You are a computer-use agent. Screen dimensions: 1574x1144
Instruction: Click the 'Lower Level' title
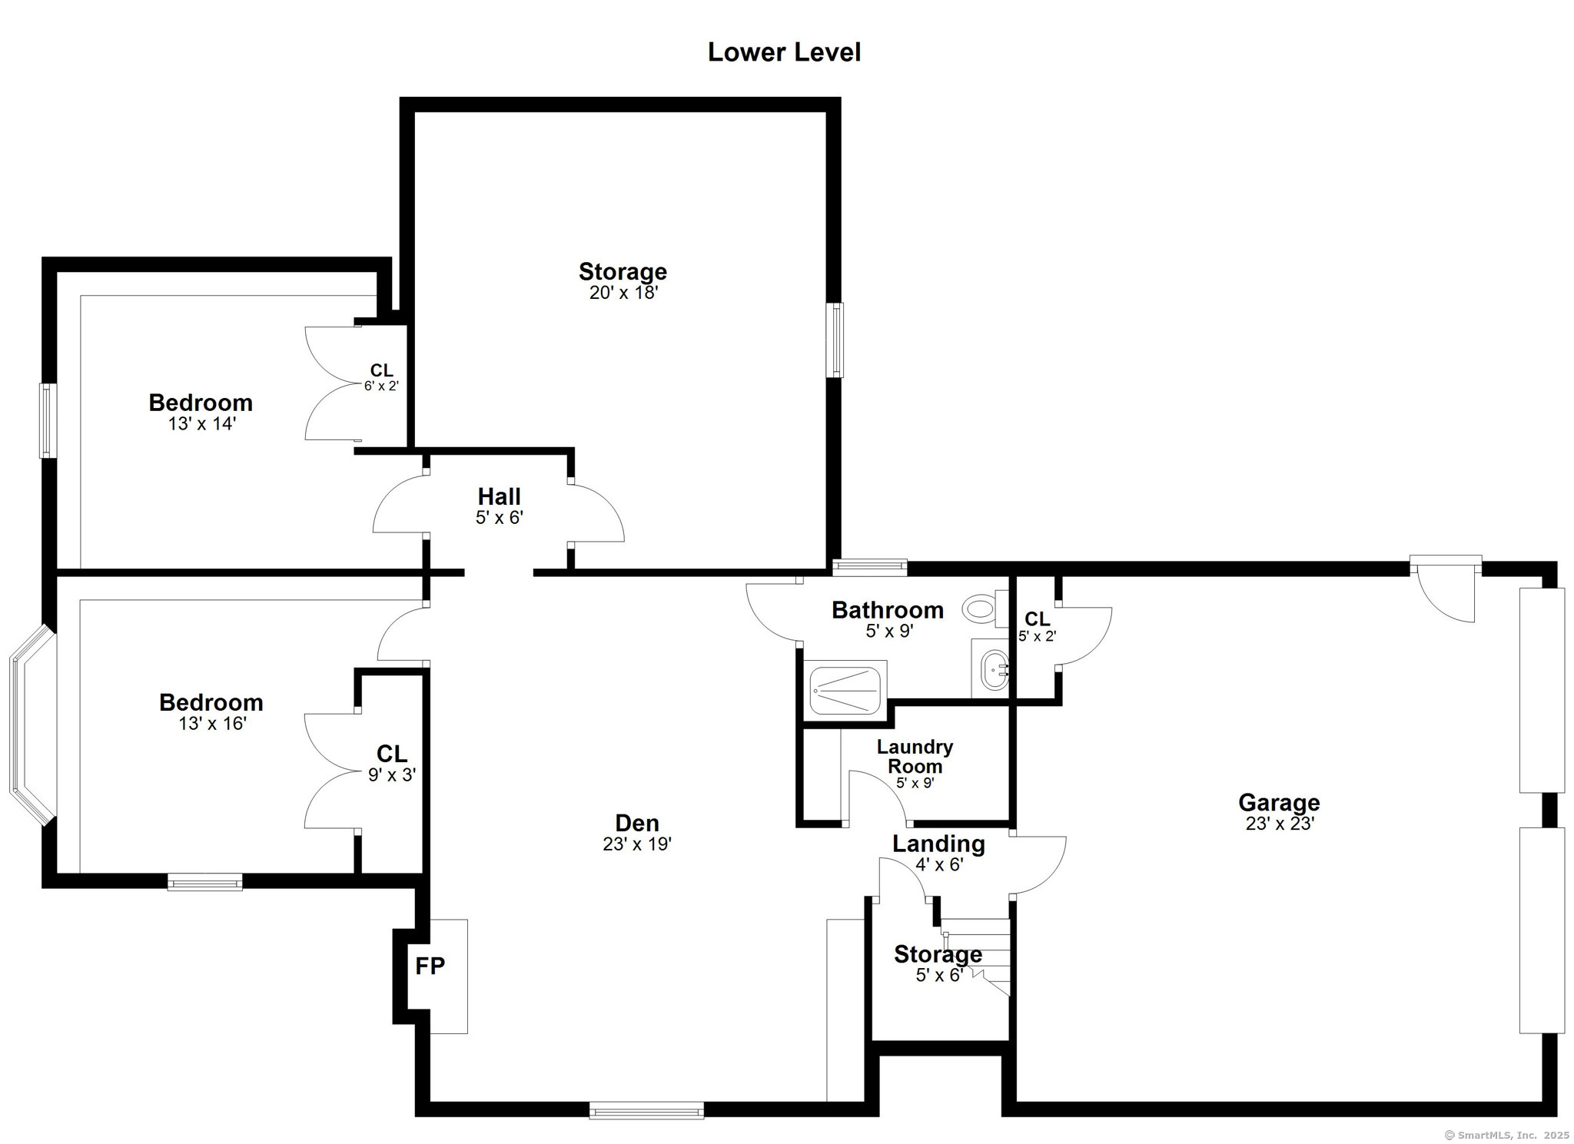coord(784,52)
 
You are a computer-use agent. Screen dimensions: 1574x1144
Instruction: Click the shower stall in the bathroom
coord(845,690)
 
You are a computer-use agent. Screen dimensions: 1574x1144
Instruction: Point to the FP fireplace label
coord(430,966)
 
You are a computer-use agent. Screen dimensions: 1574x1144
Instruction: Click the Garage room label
coord(1279,802)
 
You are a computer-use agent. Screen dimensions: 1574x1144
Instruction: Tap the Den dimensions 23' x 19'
coord(637,844)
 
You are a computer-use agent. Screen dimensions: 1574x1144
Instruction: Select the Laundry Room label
coord(915,756)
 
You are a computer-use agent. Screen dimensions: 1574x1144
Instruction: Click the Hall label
coord(500,496)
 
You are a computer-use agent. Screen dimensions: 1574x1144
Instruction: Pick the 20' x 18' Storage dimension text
coord(623,293)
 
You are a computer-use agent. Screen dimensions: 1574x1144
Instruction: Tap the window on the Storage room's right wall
coord(835,340)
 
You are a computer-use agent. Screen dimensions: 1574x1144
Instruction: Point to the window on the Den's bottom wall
coord(646,1110)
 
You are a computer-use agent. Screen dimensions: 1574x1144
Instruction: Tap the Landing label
coord(938,844)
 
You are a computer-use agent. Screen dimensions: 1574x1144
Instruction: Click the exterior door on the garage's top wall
coord(1446,589)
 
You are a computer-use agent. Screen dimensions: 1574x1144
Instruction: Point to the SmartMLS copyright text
coord(1507,1135)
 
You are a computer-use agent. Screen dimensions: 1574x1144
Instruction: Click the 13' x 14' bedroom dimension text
coord(202,423)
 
